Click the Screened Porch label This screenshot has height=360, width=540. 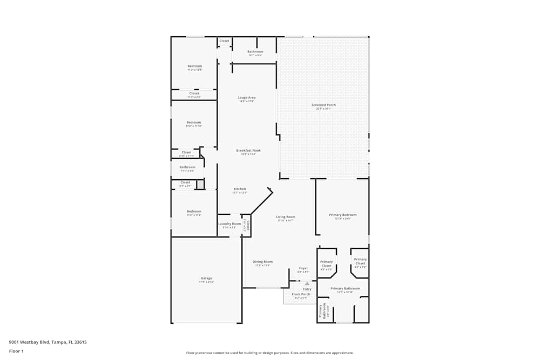pyautogui.click(x=323, y=105)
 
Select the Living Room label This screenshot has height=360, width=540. pyautogui.click(x=286, y=217)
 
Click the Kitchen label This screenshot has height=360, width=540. pyautogui.click(x=240, y=189)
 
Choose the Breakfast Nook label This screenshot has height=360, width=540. pyautogui.click(x=248, y=151)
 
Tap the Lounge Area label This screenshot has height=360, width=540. pyautogui.click(x=247, y=98)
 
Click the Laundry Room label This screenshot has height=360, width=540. pyautogui.click(x=230, y=223)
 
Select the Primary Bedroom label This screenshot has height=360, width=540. pyautogui.click(x=343, y=215)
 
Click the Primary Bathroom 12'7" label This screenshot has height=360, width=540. pyautogui.click(x=345, y=289)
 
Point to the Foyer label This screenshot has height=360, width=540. pyautogui.click(x=303, y=268)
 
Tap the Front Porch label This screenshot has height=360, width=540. pyautogui.click(x=301, y=294)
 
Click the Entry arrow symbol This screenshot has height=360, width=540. pyautogui.click(x=307, y=283)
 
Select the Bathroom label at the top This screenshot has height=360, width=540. pyautogui.click(x=255, y=52)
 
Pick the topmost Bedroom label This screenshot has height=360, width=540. pyautogui.click(x=194, y=66)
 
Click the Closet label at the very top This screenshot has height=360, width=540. pyautogui.click(x=224, y=41)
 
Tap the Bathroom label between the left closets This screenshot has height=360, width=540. pyautogui.click(x=187, y=167)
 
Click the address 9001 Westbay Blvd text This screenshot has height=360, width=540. pyautogui.click(x=48, y=342)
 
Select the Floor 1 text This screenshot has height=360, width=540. pyautogui.click(x=16, y=351)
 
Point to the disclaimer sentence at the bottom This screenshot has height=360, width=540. pyautogui.click(x=270, y=353)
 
